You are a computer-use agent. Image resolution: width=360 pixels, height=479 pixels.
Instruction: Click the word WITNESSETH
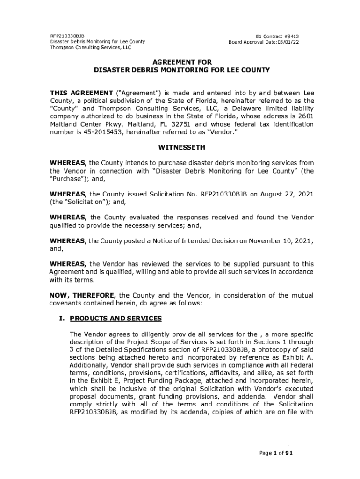click(182, 147)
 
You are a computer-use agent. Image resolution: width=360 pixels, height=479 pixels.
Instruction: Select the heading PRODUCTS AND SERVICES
click(115, 319)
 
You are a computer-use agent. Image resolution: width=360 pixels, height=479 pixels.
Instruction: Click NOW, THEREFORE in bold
click(83, 295)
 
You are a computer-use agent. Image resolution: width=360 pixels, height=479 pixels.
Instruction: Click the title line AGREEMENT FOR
click(182, 62)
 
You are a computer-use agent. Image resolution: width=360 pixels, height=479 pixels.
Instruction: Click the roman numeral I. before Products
click(63, 319)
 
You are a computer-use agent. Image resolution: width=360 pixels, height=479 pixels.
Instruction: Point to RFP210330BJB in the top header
click(65, 36)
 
